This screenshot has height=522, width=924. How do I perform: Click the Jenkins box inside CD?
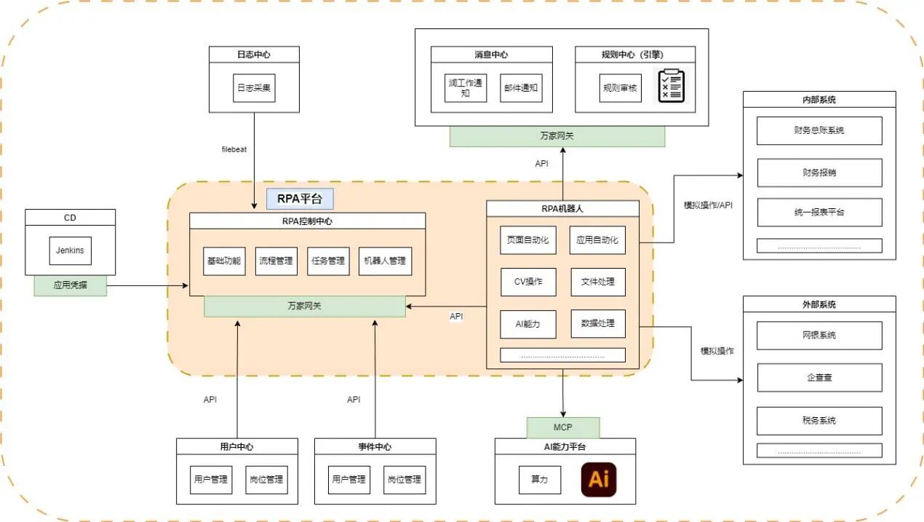70,250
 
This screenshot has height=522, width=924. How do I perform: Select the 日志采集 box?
254,87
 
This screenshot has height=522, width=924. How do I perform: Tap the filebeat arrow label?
234,149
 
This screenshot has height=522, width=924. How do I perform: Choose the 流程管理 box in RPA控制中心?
276,261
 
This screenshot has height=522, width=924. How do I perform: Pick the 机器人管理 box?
385,261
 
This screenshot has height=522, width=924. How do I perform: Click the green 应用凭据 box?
70,285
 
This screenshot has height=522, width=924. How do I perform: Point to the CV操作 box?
528,282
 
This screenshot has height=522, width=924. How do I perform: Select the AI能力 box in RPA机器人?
528,324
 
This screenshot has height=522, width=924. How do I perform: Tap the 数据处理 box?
597,324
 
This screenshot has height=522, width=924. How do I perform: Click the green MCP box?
563,427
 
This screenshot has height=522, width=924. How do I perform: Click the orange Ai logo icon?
598,480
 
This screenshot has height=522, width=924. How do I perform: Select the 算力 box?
540,480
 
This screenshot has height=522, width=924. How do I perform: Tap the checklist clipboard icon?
671,87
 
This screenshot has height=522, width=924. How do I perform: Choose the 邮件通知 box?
521,87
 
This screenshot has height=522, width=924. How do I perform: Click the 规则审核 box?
620,87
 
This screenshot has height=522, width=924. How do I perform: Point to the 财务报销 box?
819,173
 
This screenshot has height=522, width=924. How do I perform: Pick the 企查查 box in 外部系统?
819,377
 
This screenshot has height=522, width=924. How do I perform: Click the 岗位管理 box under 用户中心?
266,480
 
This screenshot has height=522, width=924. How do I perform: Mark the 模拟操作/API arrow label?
708,205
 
